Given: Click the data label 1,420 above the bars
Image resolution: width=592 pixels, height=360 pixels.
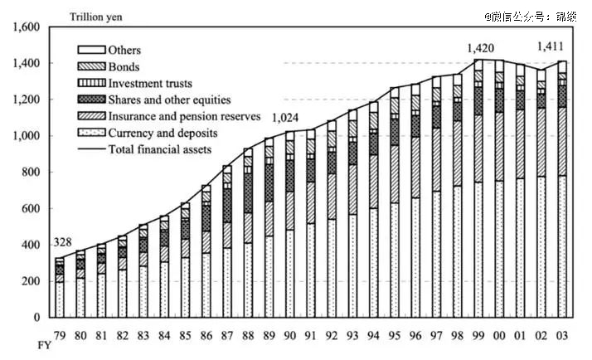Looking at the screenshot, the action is [480, 48].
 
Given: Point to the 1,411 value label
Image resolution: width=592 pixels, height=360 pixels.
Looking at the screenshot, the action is [550, 46].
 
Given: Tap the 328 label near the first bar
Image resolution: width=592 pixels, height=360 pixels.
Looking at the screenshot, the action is [62, 242].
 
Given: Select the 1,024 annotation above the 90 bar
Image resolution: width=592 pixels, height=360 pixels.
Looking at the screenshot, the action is [285, 118].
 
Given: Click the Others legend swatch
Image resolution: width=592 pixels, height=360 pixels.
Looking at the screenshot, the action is [91, 50].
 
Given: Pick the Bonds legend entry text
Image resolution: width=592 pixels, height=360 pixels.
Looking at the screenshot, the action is [124, 67].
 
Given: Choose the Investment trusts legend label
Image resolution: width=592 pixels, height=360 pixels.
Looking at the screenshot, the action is [150, 83].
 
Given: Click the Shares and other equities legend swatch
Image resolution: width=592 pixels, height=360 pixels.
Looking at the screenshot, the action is [91, 100].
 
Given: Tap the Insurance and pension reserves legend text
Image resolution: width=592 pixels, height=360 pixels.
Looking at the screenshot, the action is [184, 116].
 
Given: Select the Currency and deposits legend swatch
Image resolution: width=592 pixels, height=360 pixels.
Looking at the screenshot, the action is [91, 133].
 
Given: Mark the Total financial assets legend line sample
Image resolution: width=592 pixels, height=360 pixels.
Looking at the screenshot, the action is [91, 149].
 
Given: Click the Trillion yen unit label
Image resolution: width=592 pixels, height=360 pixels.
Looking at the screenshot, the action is [96, 17].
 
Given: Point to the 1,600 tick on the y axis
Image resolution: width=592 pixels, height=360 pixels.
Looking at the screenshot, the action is [27, 27].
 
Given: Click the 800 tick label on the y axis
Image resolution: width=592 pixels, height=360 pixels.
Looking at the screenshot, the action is [30, 172].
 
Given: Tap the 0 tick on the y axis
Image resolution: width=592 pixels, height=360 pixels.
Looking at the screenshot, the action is [36, 318].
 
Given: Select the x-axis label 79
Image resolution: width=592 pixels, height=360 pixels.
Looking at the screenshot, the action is [60, 335].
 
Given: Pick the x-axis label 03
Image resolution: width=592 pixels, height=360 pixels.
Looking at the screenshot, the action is [562, 335].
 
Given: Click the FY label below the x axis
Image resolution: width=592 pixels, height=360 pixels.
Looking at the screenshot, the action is [45, 345].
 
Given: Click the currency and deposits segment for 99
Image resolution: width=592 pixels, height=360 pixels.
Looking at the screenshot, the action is [478, 250].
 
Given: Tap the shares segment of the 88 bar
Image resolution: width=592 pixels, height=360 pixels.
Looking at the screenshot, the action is [248, 193].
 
